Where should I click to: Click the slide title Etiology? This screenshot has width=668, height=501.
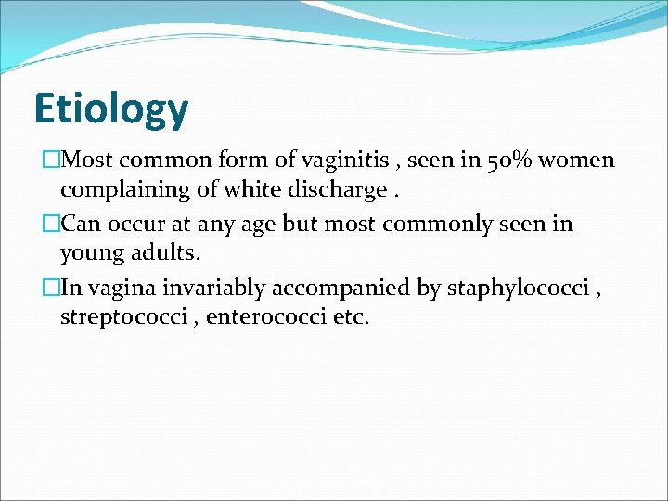click(110, 109)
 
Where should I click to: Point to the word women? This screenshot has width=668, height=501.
click(576, 160)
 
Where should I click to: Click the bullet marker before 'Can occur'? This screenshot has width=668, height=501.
click(50, 224)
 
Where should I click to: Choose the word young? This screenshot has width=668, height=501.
click(90, 254)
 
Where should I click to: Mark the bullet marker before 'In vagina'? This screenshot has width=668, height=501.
click(50, 288)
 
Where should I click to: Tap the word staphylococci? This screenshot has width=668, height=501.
click(518, 289)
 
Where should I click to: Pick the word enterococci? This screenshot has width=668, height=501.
click(264, 317)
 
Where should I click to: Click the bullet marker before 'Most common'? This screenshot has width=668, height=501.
click(50, 160)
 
